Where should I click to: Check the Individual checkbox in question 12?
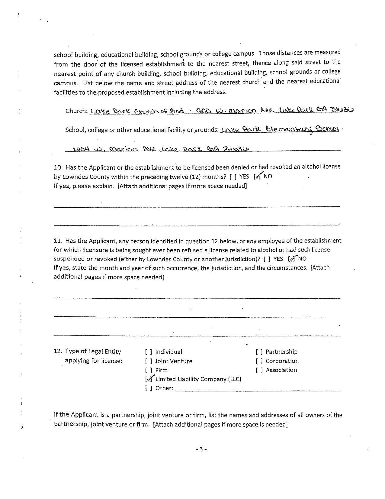(x=148, y=352)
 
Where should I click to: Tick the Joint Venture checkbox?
(x=148, y=361)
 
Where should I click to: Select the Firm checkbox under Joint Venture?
(x=148, y=370)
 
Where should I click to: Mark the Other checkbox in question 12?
(x=148, y=388)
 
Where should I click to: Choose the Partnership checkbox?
(x=259, y=352)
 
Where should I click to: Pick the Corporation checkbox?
(x=259, y=361)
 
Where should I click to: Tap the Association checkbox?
(x=259, y=370)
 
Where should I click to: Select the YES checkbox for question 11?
(x=267, y=259)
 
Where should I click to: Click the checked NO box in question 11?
(x=292, y=259)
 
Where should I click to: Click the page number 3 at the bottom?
(x=201, y=449)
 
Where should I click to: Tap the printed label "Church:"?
(x=76, y=111)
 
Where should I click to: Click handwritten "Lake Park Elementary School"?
(x=280, y=129)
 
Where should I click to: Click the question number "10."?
(x=58, y=167)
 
